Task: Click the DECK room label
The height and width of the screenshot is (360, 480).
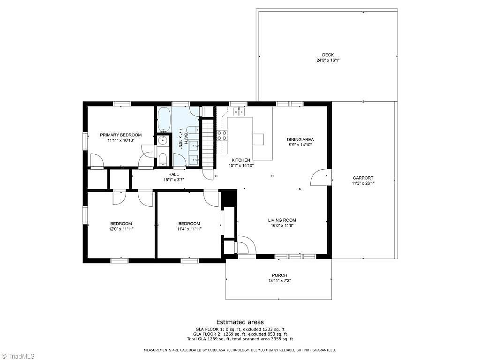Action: click(x=328, y=55)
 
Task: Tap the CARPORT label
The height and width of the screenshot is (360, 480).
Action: click(x=363, y=178)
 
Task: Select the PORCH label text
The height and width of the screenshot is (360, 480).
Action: click(x=279, y=275)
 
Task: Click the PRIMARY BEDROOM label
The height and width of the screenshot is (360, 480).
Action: click(x=121, y=135)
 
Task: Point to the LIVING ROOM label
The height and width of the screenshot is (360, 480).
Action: click(x=282, y=220)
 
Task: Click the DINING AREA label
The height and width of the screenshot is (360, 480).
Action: click(x=300, y=140)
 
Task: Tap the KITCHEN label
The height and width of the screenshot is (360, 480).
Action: click(x=241, y=160)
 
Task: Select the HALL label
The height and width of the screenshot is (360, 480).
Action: click(x=173, y=174)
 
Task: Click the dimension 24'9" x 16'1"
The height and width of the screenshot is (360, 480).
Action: click(x=328, y=60)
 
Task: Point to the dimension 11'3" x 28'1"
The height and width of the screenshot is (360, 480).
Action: click(x=363, y=183)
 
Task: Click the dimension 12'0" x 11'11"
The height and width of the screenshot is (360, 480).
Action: click(x=121, y=229)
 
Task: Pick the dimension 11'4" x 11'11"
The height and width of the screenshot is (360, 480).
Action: click(x=189, y=229)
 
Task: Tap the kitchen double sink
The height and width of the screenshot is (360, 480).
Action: click(x=239, y=112)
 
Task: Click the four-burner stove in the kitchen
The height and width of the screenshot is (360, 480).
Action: click(x=222, y=135)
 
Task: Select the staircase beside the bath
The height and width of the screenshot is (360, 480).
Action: click(x=207, y=142)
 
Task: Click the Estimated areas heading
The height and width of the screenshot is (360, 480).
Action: click(x=240, y=322)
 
